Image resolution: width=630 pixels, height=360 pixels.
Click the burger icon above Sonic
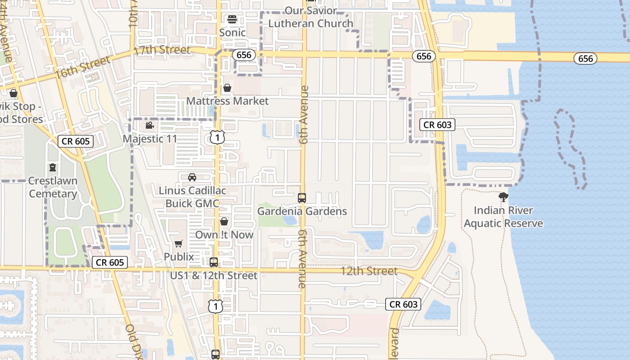232,19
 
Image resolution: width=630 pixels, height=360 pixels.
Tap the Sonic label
232,32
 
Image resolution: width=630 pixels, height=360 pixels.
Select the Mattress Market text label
227,101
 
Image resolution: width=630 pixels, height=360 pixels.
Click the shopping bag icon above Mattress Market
227,88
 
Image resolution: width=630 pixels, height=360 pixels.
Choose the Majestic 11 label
150,139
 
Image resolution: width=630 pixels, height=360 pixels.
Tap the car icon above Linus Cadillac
192,177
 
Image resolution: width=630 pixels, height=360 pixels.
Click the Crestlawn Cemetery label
53,187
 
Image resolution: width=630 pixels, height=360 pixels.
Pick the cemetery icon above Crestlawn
53,168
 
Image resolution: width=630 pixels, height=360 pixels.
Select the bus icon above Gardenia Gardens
302,198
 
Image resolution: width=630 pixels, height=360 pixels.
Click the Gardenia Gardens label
302,211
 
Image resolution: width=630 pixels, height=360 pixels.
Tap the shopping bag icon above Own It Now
224,221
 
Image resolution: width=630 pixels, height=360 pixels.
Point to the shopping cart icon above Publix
179,244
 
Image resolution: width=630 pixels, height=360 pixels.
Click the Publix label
179,257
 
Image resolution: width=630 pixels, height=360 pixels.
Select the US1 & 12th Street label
214,275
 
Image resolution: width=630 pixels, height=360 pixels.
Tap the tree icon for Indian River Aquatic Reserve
504,197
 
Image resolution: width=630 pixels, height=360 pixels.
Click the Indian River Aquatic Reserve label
504,217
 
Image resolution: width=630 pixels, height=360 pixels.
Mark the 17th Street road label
162,50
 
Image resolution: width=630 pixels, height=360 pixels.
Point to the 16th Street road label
83,67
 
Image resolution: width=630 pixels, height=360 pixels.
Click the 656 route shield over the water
585,58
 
